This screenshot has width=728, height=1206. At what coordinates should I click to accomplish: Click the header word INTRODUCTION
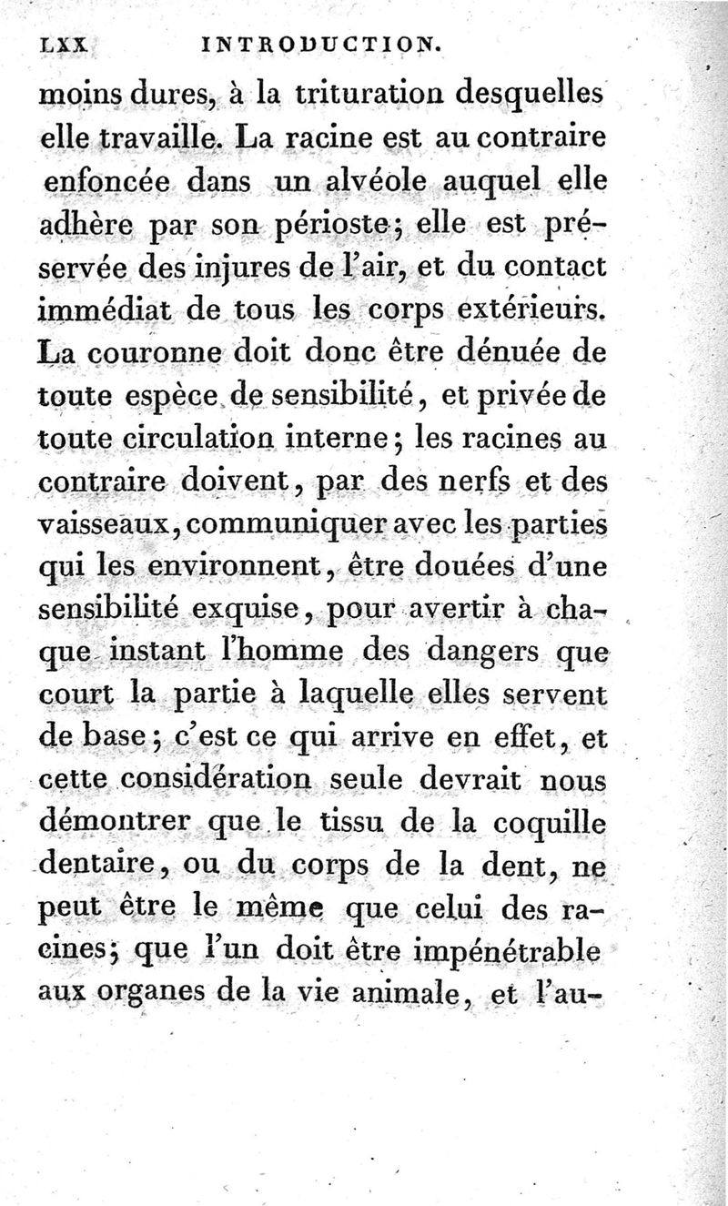[319, 42]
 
